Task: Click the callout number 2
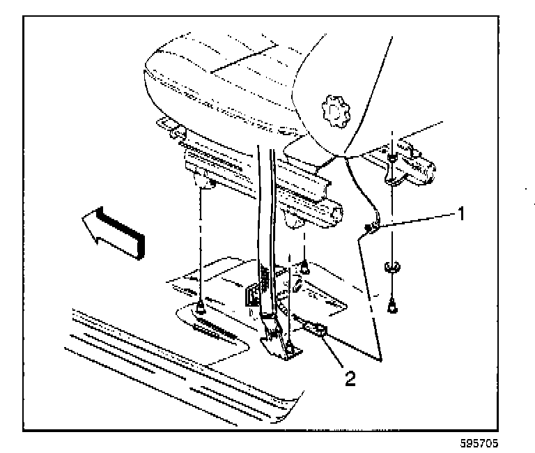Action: click(x=350, y=378)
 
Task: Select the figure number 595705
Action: click(x=480, y=443)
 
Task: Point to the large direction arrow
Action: click(x=111, y=230)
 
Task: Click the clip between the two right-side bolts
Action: click(x=392, y=266)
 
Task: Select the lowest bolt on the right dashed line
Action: click(x=394, y=303)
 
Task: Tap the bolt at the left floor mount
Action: click(x=199, y=304)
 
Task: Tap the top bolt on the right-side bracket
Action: click(x=392, y=159)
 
